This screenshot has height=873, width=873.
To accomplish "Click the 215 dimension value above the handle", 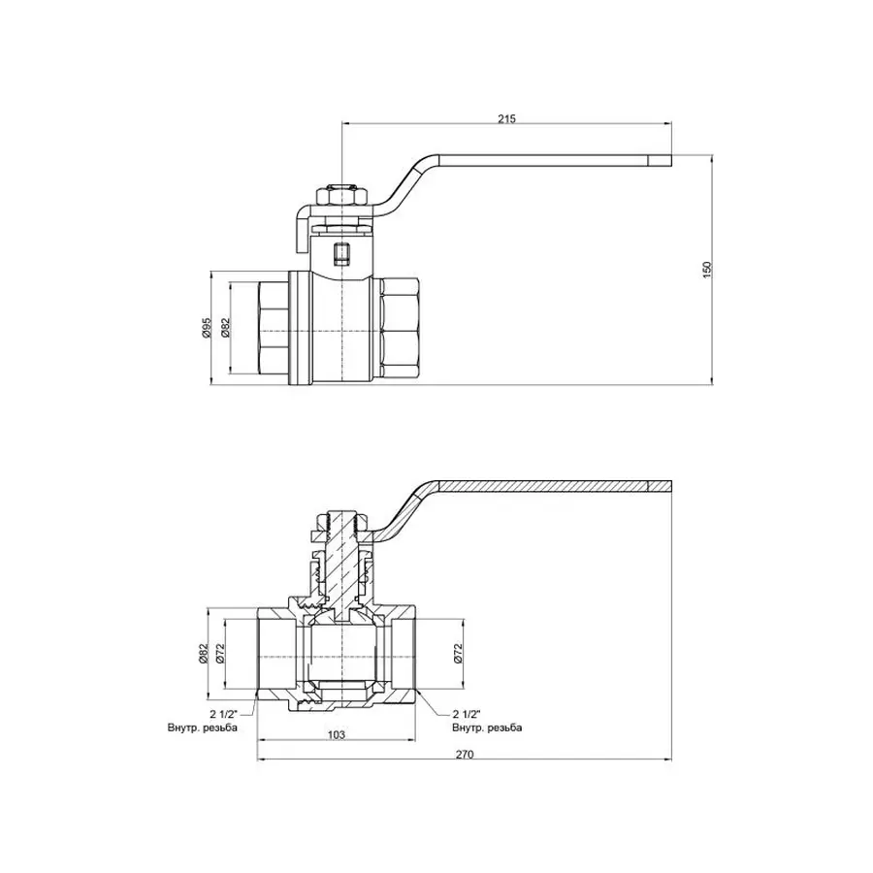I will (x=506, y=118).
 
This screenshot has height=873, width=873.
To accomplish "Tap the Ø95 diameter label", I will (x=206, y=329).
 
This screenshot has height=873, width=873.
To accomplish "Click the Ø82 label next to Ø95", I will (x=225, y=329).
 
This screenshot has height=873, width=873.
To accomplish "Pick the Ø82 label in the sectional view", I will (x=204, y=655).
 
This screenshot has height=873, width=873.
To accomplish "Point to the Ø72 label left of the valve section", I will (x=221, y=655).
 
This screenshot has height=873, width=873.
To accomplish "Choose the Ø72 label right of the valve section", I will (x=459, y=655).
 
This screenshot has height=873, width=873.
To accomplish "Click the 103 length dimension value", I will (x=337, y=735).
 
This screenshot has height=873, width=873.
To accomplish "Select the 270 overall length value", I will (x=464, y=756).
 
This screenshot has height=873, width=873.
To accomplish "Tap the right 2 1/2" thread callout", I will (x=469, y=713).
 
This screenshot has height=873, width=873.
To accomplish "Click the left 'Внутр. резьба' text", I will (x=203, y=727).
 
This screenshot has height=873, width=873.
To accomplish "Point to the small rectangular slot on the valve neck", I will (x=341, y=255).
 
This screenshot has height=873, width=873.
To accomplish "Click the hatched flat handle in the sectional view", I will (x=553, y=485).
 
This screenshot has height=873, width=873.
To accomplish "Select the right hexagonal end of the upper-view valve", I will (x=400, y=329).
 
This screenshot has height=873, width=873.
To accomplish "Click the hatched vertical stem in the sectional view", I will (x=340, y=563).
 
